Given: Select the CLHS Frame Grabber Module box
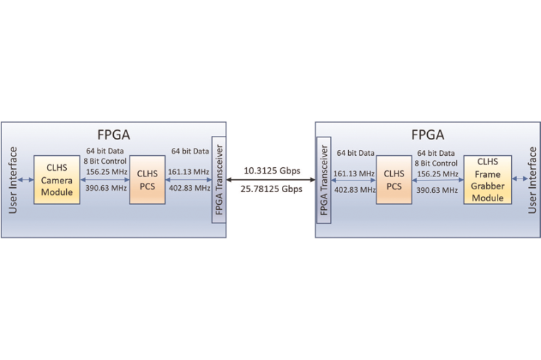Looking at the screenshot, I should coord(488,180).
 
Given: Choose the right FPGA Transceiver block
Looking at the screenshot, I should coord(324,181).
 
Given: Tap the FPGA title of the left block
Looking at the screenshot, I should coord(114,135).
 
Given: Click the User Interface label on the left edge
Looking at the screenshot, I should coord(13,181).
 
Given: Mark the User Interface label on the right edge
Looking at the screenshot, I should coord(532,181).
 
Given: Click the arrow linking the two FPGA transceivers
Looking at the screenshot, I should coord(270,181).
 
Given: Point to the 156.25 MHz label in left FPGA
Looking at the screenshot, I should coord(106,171).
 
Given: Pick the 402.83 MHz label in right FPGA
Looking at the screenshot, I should coord(356,189).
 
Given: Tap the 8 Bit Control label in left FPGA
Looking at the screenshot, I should coord(106,161).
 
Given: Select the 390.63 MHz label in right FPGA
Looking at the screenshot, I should coord(437,189).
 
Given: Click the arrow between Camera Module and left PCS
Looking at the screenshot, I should coord(106,181).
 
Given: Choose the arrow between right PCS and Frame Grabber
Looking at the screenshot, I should coord(437,181).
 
